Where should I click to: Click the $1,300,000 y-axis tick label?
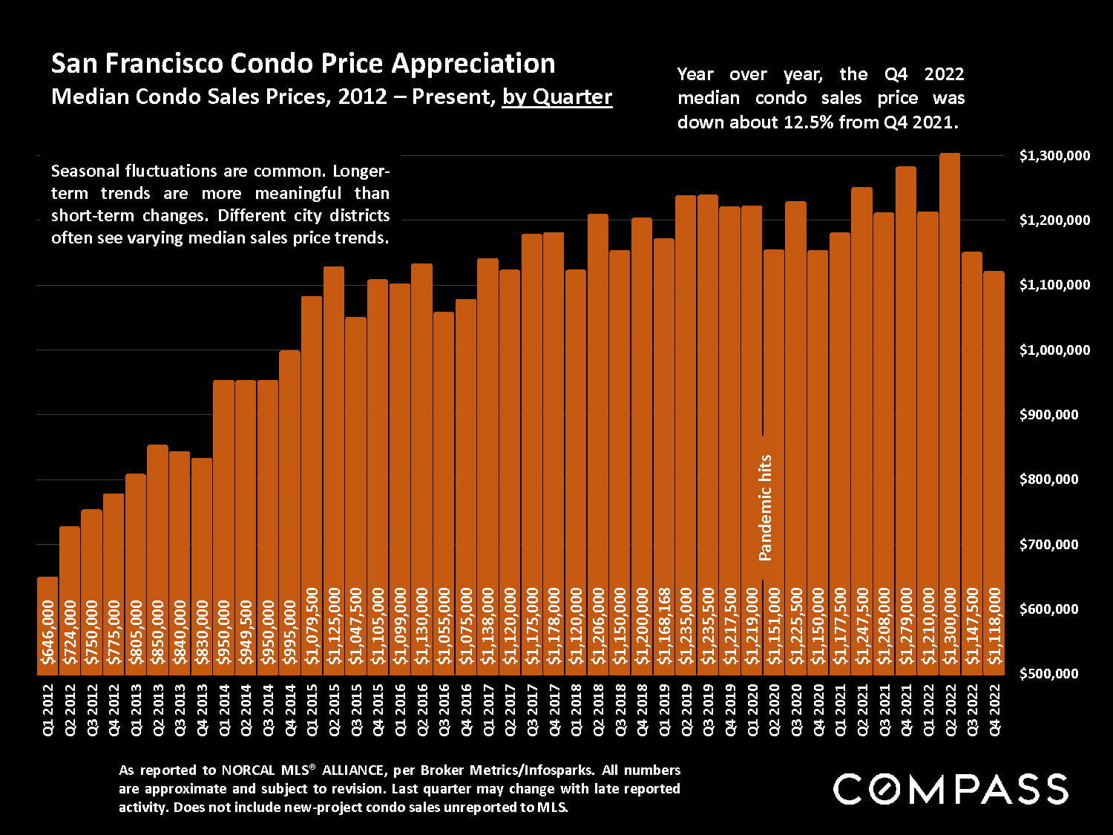pyautogui.click(x=1054, y=156)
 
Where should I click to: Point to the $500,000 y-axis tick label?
pyautogui.click(x=1054, y=674)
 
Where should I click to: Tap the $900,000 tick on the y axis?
pyautogui.click(x=1054, y=415)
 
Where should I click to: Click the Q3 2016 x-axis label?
pyautogui.click(x=444, y=710)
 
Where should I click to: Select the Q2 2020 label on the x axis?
pyautogui.click(x=774, y=710)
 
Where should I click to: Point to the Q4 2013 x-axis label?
pyautogui.click(x=202, y=710)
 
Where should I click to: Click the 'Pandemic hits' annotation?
pyautogui.click(x=766, y=508)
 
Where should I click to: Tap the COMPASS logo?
pyautogui.click(x=951, y=788)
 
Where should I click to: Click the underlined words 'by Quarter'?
pyautogui.click(x=557, y=97)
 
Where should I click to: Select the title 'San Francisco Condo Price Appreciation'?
pyautogui.click(x=303, y=64)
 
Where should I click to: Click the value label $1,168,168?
pyautogui.click(x=664, y=626)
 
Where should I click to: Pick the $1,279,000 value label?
pyautogui.click(x=906, y=626)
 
